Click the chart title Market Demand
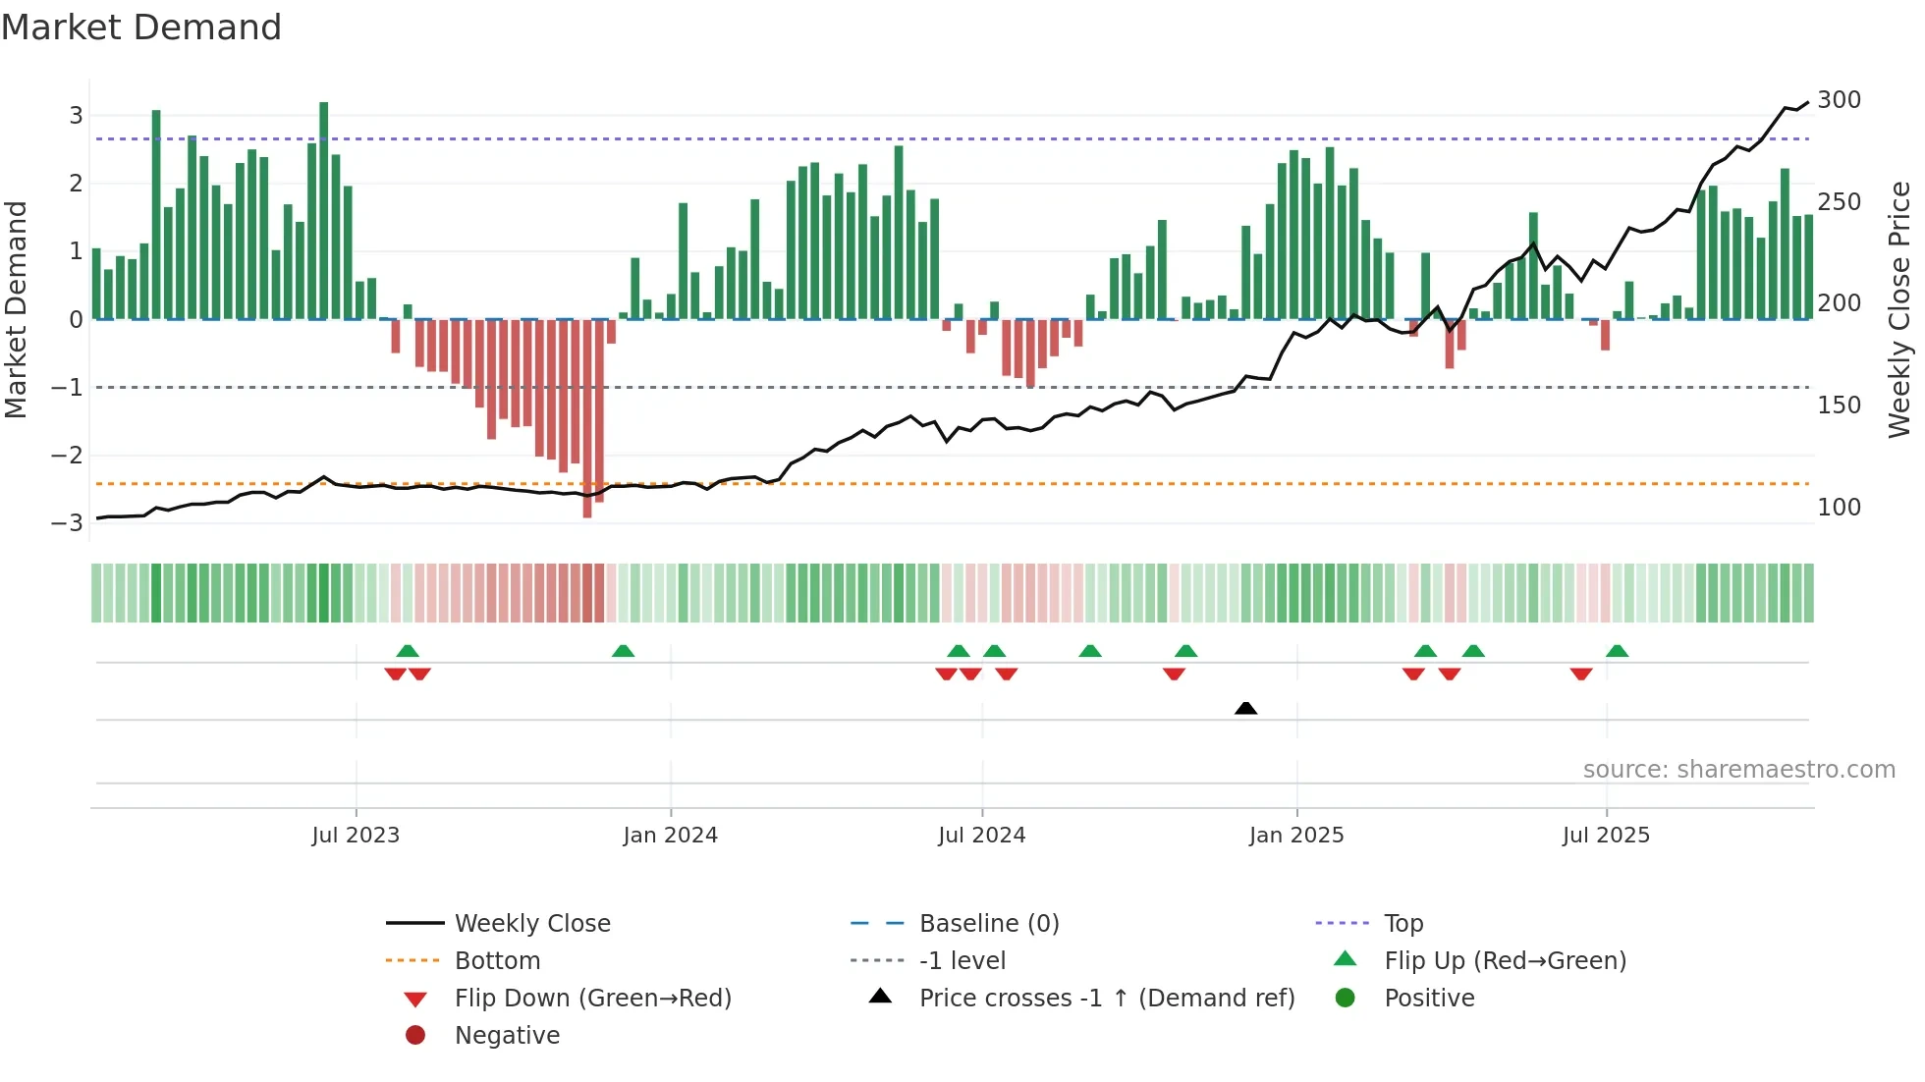(141, 27)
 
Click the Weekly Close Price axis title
(1899, 309)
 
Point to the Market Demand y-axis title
(17, 309)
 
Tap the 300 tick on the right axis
(1839, 100)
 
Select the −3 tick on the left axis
(68, 522)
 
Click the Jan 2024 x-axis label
(670, 836)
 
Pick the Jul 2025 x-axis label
(1606, 836)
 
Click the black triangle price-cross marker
(1245, 708)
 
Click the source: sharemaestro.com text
(1738, 770)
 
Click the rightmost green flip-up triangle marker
(1617, 651)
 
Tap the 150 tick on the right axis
(1839, 406)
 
